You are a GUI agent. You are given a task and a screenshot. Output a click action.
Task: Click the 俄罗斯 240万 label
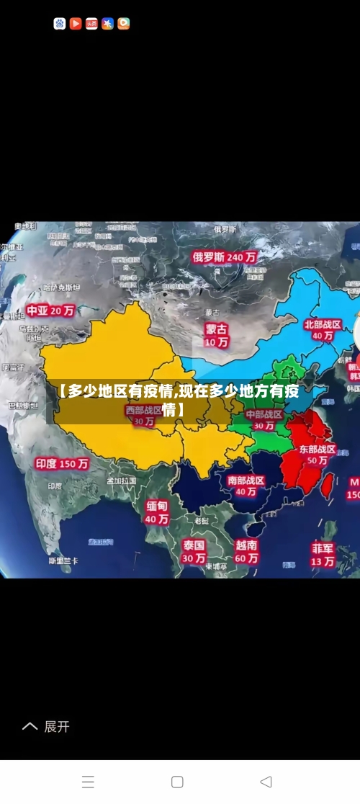225,256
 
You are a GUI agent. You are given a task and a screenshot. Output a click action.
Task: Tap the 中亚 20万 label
51,311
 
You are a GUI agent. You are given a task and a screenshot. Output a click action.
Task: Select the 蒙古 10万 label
216,335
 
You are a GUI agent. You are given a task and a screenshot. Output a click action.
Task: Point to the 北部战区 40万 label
323,330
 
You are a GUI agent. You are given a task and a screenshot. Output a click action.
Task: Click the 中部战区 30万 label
264,420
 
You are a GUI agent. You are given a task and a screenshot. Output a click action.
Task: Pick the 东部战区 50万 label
318,455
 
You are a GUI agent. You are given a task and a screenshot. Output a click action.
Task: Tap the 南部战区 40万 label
246,486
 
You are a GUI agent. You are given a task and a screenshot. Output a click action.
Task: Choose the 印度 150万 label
62,464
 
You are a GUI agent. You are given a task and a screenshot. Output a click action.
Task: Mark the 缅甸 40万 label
157,512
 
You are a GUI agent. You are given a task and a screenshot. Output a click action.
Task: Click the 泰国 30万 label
194,551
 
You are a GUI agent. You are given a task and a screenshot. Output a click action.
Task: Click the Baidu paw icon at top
60,24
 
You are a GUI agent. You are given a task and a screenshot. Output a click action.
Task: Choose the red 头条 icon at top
91,24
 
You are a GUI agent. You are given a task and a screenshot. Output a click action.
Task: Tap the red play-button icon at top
76,24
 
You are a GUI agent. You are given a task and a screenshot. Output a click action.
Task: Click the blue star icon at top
107,24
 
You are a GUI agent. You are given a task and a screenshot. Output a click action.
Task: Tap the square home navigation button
177,782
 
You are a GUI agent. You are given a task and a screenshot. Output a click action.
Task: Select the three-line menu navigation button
88,782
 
